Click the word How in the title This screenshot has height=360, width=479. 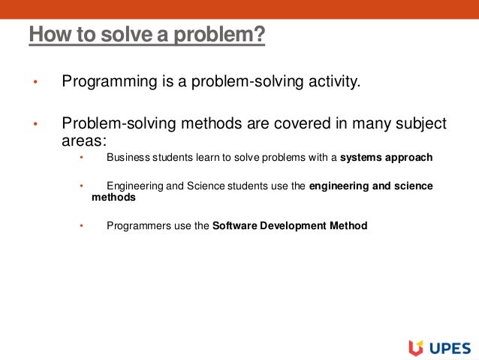click(47, 35)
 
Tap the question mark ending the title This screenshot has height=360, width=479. click(261, 35)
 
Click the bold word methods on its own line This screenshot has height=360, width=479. click(113, 198)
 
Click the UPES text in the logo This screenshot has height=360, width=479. click(449, 348)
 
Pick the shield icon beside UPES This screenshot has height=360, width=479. click(415, 347)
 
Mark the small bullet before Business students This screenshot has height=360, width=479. click(83, 159)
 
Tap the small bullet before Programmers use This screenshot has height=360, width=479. click(83, 225)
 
